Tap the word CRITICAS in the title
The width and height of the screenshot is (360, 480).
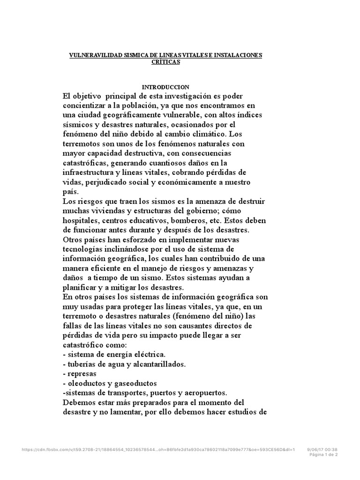click(166, 62)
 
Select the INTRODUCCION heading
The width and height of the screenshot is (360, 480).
click(165, 87)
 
